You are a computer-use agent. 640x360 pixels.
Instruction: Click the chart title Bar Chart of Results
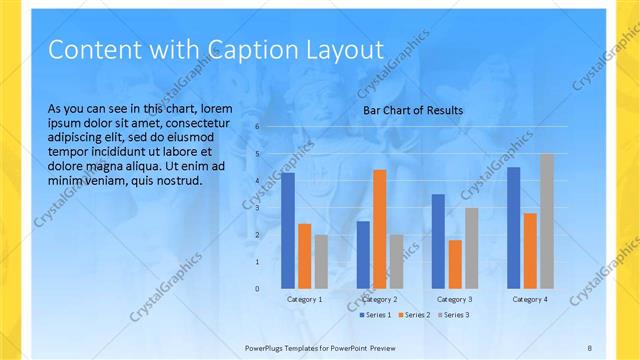412,110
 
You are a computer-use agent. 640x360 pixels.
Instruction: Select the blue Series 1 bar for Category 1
288,230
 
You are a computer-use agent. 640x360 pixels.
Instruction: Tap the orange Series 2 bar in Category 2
380,229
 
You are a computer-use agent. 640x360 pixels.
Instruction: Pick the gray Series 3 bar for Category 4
546,221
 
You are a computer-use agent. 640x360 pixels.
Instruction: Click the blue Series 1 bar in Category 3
438,241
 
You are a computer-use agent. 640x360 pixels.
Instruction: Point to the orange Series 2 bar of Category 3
455,264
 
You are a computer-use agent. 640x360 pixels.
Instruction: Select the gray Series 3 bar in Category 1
321,262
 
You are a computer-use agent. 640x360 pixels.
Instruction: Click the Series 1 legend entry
375,315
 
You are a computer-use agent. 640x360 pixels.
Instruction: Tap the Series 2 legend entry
414,315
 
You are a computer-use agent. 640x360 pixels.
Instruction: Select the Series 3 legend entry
453,315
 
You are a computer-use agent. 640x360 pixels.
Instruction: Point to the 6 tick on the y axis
257,127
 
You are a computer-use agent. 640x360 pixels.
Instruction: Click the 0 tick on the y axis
257,289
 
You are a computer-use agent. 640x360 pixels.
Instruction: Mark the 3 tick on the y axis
257,208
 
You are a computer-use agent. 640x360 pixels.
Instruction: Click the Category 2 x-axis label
380,299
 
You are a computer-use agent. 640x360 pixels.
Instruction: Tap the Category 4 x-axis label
529,299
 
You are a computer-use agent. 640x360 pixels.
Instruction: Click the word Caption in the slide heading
244,49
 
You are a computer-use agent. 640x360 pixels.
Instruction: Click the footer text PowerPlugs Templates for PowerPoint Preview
320,347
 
